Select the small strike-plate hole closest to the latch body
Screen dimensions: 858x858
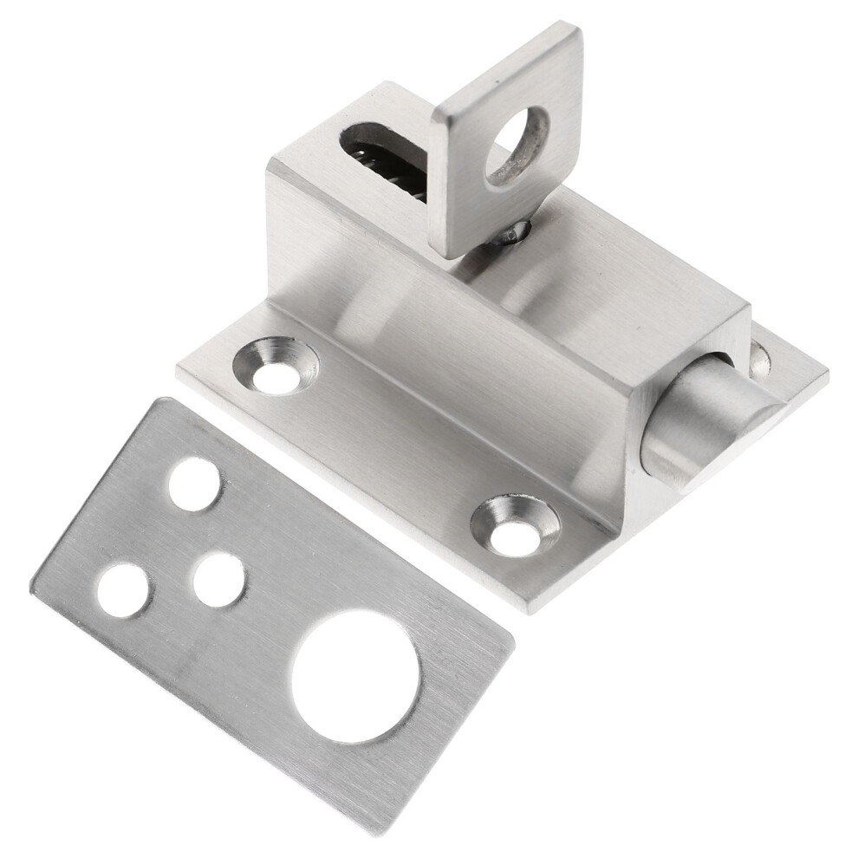(x=193, y=483)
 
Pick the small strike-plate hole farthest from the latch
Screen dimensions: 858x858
(x=122, y=590)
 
